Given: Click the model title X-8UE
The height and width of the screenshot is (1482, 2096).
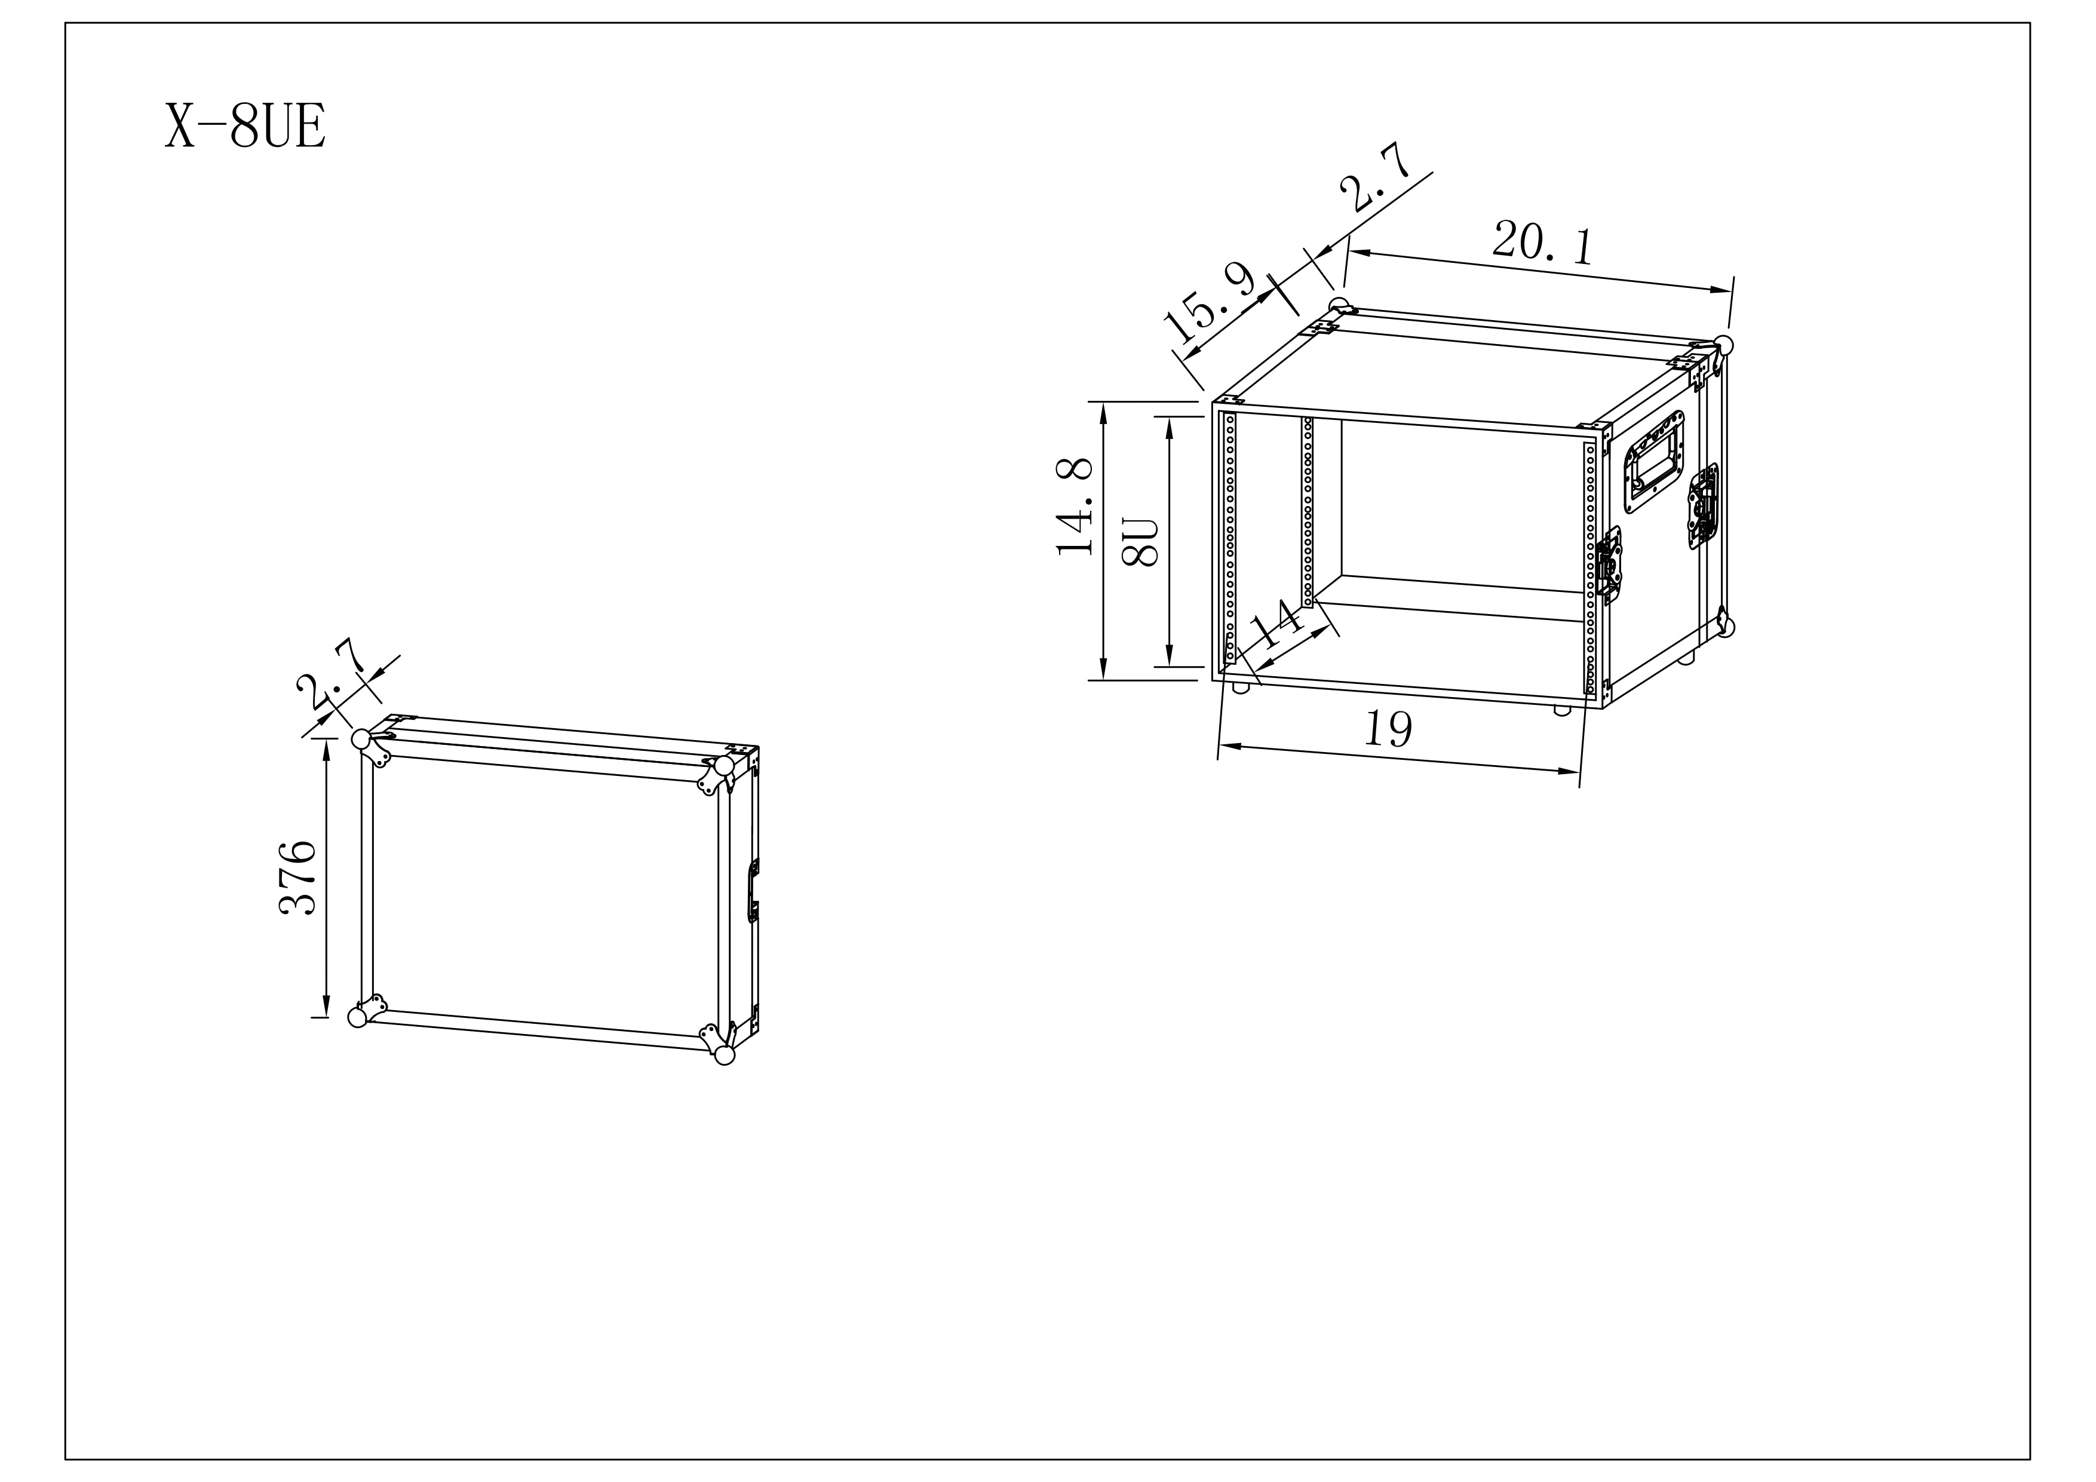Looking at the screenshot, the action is [245, 125].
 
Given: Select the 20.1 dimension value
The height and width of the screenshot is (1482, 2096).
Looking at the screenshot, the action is [1543, 242].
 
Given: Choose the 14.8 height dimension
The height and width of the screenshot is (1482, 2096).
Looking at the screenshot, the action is [1075, 507].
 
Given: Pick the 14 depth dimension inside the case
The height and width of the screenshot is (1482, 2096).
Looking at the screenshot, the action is [1276, 624].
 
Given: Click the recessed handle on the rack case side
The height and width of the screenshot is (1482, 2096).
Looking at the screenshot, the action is [1654, 461].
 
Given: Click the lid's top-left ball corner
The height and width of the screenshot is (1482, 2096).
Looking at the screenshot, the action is [361, 739].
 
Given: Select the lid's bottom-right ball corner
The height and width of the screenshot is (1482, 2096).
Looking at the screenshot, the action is [725, 1055].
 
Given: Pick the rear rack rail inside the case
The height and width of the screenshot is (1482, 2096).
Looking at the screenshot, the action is [1308, 513].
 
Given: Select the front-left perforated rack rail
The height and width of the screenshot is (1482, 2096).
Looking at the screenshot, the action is [1230, 537].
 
